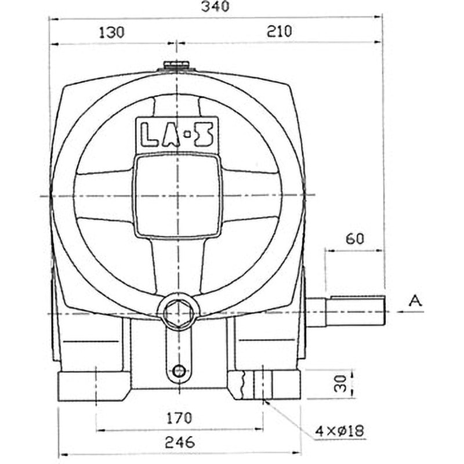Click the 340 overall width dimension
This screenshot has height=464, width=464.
215,7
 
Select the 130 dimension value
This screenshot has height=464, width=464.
113,32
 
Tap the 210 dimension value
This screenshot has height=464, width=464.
279,32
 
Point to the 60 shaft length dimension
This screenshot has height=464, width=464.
354,238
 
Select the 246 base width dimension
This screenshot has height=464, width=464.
179,442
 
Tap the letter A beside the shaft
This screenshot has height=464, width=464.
414,300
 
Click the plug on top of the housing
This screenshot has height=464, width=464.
177,67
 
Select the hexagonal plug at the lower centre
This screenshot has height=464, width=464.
177,314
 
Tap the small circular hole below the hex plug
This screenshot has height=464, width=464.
179,370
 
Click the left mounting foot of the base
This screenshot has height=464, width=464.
93,386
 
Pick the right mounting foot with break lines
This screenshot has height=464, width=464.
264,384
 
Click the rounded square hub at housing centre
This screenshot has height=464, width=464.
177,196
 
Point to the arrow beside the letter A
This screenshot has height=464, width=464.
406,311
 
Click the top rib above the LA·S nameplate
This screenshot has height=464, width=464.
176,104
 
